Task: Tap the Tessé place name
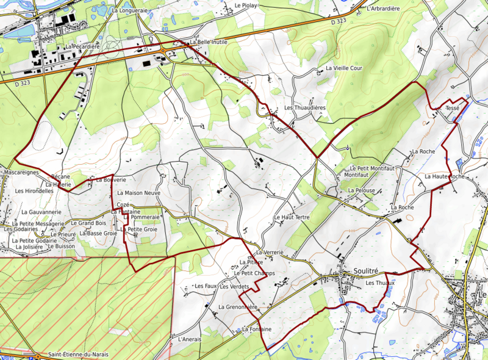point(452,108)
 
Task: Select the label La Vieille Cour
point(343,68)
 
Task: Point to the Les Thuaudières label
point(305,108)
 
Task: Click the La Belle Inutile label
point(210,43)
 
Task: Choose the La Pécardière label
point(82,46)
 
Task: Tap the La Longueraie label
point(131,10)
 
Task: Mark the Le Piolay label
point(246,5)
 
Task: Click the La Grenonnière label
point(239,306)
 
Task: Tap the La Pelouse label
point(361,191)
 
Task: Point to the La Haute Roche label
point(445,176)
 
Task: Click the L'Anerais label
point(188,339)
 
